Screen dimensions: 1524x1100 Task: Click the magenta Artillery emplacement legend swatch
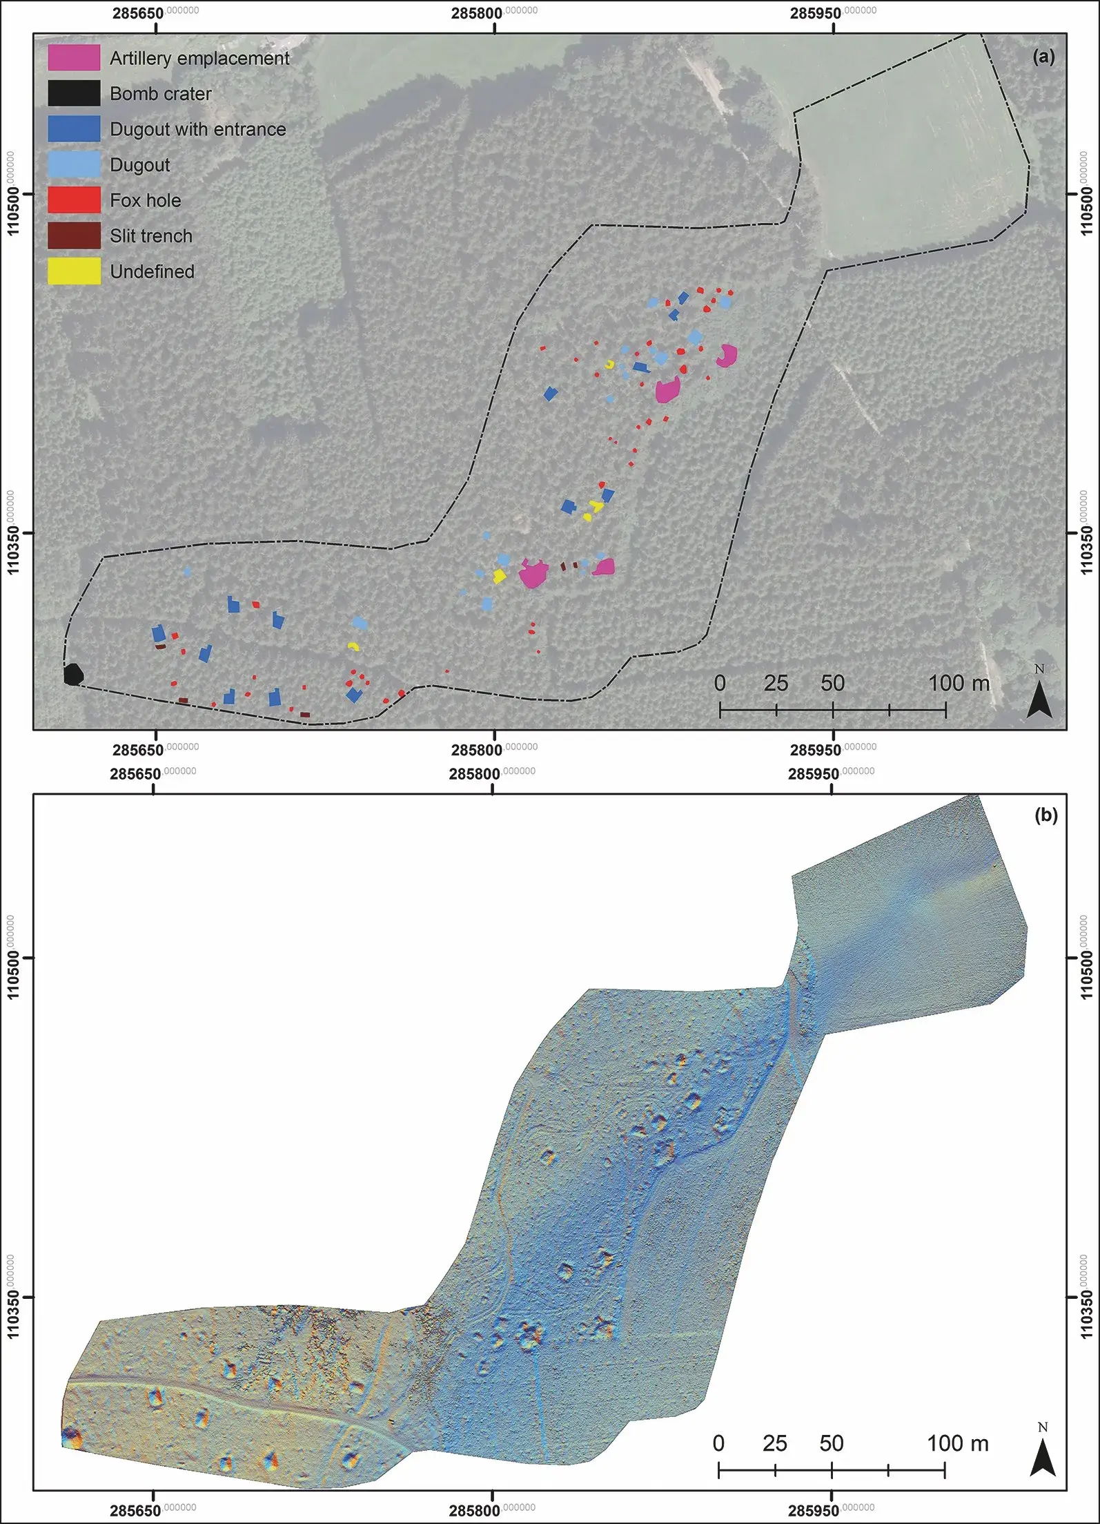point(74,58)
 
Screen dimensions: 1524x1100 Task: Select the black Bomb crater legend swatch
point(74,93)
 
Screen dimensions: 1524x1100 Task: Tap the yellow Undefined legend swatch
point(74,271)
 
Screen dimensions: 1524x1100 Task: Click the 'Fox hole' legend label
point(146,200)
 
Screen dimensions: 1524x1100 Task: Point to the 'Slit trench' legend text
point(151,236)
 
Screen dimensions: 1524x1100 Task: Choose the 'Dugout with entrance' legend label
point(197,129)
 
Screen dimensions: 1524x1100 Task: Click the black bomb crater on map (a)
point(73,674)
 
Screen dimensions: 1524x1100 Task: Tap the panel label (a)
point(1043,57)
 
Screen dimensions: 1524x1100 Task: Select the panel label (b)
point(1045,816)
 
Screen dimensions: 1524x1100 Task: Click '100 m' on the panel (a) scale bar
point(959,684)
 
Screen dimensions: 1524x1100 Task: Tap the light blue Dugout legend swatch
point(74,164)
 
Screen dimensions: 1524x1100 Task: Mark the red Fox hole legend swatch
point(74,200)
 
